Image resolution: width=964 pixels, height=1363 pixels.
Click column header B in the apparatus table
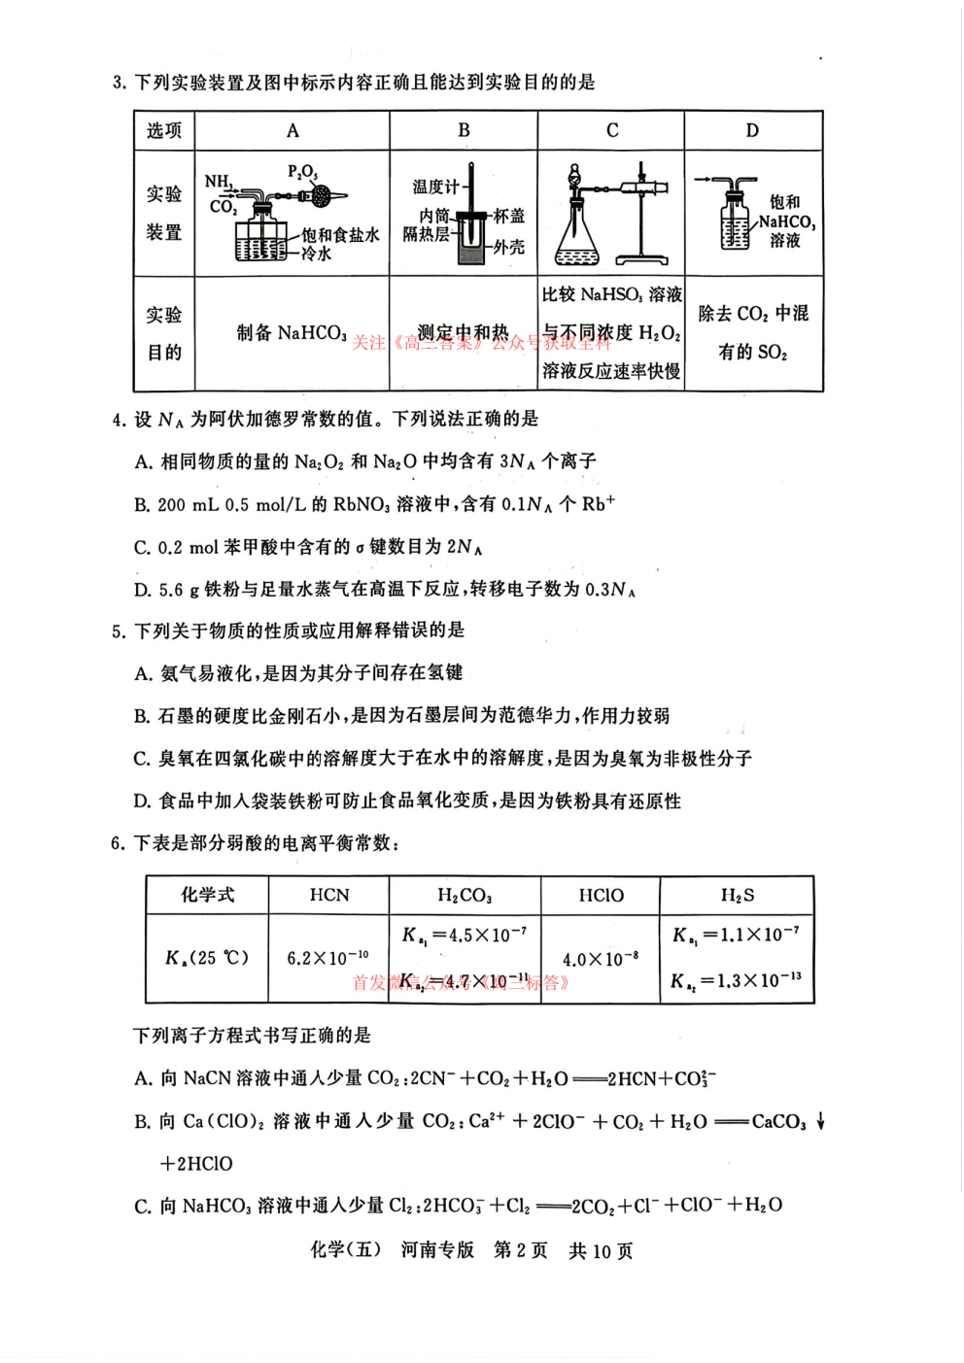click(464, 130)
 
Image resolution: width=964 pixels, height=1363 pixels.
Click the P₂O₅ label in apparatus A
click(302, 172)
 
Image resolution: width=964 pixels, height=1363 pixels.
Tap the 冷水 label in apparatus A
click(316, 254)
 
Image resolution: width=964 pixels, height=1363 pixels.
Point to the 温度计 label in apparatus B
click(434, 187)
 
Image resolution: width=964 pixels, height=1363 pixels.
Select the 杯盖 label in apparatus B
click(508, 216)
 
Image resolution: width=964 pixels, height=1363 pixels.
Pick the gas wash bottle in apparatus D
click(736, 221)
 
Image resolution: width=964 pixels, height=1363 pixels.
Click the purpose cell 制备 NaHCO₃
click(292, 333)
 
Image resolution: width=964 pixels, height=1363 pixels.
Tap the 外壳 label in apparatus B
click(508, 247)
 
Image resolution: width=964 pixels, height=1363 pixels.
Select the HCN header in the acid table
click(328, 895)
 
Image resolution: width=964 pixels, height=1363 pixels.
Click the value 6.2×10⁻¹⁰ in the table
click(327, 958)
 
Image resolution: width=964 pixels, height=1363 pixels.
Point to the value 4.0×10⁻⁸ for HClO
click(601, 959)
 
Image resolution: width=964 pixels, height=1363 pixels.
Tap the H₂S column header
click(737, 895)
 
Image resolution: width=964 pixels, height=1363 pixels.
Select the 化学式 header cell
click(207, 895)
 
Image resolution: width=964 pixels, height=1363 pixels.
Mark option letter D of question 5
click(142, 801)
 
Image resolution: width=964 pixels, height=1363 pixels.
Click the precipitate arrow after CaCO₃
click(821, 1121)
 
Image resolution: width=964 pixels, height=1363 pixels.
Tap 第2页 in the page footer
click(520, 1250)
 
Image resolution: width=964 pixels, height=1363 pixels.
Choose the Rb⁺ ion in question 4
click(598, 503)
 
